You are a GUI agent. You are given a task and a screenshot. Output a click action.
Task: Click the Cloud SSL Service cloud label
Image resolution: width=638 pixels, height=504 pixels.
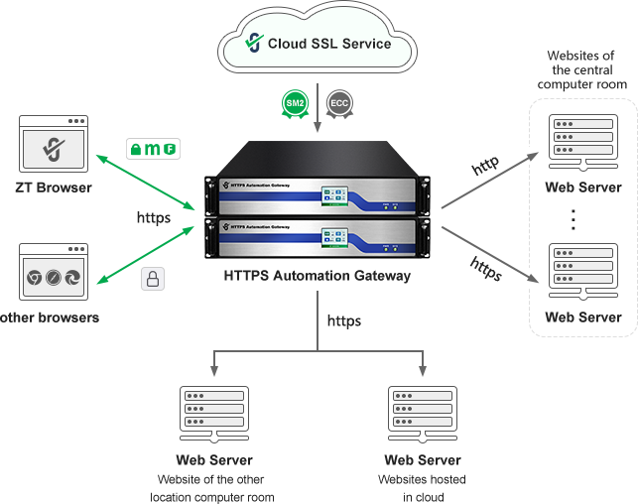click(x=328, y=44)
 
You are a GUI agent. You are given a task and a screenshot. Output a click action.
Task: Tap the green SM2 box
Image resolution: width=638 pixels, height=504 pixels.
click(x=295, y=102)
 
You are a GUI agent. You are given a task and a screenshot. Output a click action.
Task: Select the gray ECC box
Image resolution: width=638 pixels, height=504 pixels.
click(x=339, y=102)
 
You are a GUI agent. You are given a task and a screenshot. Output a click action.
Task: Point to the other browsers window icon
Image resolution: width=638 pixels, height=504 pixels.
click(x=56, y=278)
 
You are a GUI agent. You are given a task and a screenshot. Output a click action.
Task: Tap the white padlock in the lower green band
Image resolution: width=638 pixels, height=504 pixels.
click(x=154, y=279)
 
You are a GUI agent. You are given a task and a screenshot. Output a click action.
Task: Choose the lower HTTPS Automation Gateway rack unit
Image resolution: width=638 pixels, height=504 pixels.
click(x=318, y=241)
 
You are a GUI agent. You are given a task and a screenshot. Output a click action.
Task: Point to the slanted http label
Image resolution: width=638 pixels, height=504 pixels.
click(x=485, y=166)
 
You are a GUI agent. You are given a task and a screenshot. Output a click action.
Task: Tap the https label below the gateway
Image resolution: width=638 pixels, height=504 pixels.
click(x=344, y=321)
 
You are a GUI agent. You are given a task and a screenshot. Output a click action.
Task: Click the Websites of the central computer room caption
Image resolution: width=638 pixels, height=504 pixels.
click(x=582, y=70)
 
